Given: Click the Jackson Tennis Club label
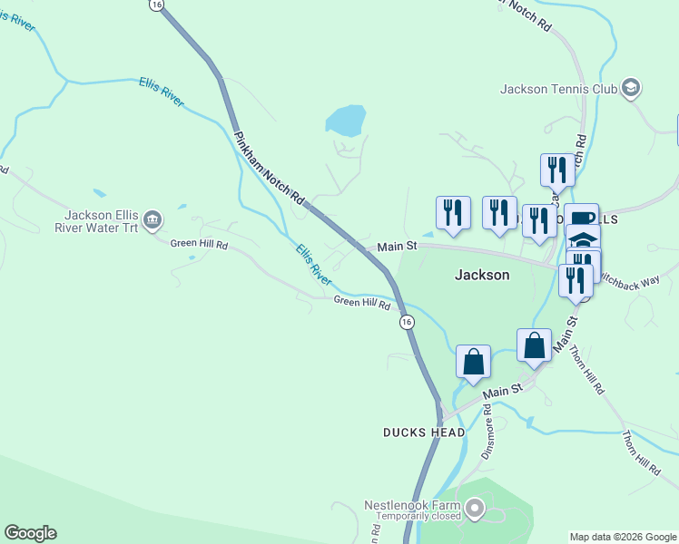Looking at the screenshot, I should (x=558, y=89).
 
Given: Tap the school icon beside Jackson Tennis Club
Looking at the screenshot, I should (x=631, y=88).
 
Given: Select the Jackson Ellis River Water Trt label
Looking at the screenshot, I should (x=101, y=220).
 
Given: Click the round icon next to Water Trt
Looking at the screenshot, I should (x=153, y=219).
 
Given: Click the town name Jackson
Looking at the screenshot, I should (x=481, y=275).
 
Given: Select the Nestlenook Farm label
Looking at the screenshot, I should (x=413, y=504).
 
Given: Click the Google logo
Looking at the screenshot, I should (x=30, y=533).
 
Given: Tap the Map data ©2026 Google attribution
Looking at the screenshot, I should (x=622, y=537).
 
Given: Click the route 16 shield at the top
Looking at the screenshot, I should (x=158, y=5).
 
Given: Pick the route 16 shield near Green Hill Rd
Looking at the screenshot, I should (x=407, y=321).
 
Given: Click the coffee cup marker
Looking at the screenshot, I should (x=581, y=218).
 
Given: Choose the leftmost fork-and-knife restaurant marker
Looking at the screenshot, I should (x=453, y=212).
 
